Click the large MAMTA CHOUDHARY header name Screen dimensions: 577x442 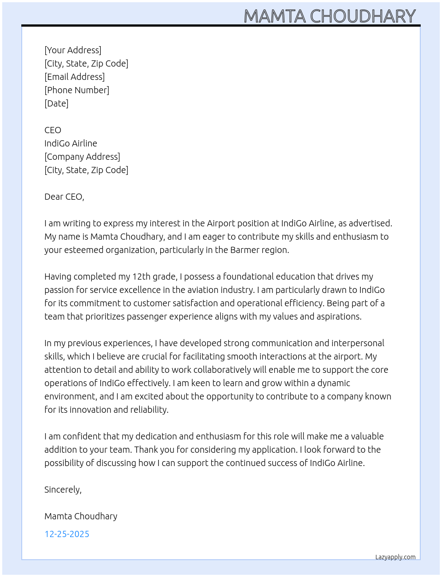coord(330,16)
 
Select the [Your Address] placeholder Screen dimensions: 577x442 coord(73,50)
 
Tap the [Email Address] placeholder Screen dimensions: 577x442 coord(75,77)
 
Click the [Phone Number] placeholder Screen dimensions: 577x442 coord(77,90)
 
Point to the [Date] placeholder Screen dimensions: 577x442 coord(56,103)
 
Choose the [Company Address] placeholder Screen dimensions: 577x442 coord(82,157)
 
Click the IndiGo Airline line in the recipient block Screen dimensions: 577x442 coord(71,143)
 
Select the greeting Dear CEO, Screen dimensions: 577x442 coord(64,197)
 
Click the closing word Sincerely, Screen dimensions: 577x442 coord(63,490)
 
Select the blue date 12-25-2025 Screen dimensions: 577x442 coord(67,534)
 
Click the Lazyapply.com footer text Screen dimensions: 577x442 coord(395,557)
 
